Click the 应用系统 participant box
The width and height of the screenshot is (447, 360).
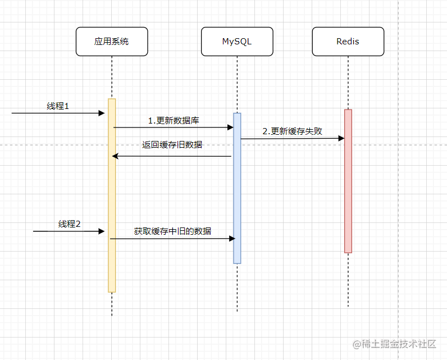tap(112, 42)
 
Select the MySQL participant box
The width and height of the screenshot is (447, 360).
tap(237, 42)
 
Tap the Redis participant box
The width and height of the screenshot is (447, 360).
tap(348, 42)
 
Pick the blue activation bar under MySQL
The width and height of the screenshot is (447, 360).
tap(237, 188)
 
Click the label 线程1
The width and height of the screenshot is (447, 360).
tap(58, 106)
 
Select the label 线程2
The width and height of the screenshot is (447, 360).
tap(70, 224)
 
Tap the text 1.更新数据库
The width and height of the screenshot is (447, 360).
tap(172, 120)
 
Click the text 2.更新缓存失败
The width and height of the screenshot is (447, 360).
tap(292, 131)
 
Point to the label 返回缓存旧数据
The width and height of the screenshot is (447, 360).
tap(172, 144)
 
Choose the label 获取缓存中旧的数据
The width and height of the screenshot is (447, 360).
tap(172, 230)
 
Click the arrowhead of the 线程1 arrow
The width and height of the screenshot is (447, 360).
tap(102, 113)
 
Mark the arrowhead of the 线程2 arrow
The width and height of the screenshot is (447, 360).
tap(102, 231)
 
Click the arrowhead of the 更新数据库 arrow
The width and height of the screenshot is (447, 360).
tap(230, 127)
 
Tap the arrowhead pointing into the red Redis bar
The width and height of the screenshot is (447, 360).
tap(341, 138)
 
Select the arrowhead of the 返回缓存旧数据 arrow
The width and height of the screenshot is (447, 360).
tap(115, 156)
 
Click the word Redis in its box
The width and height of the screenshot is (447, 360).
tap(348, 42)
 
